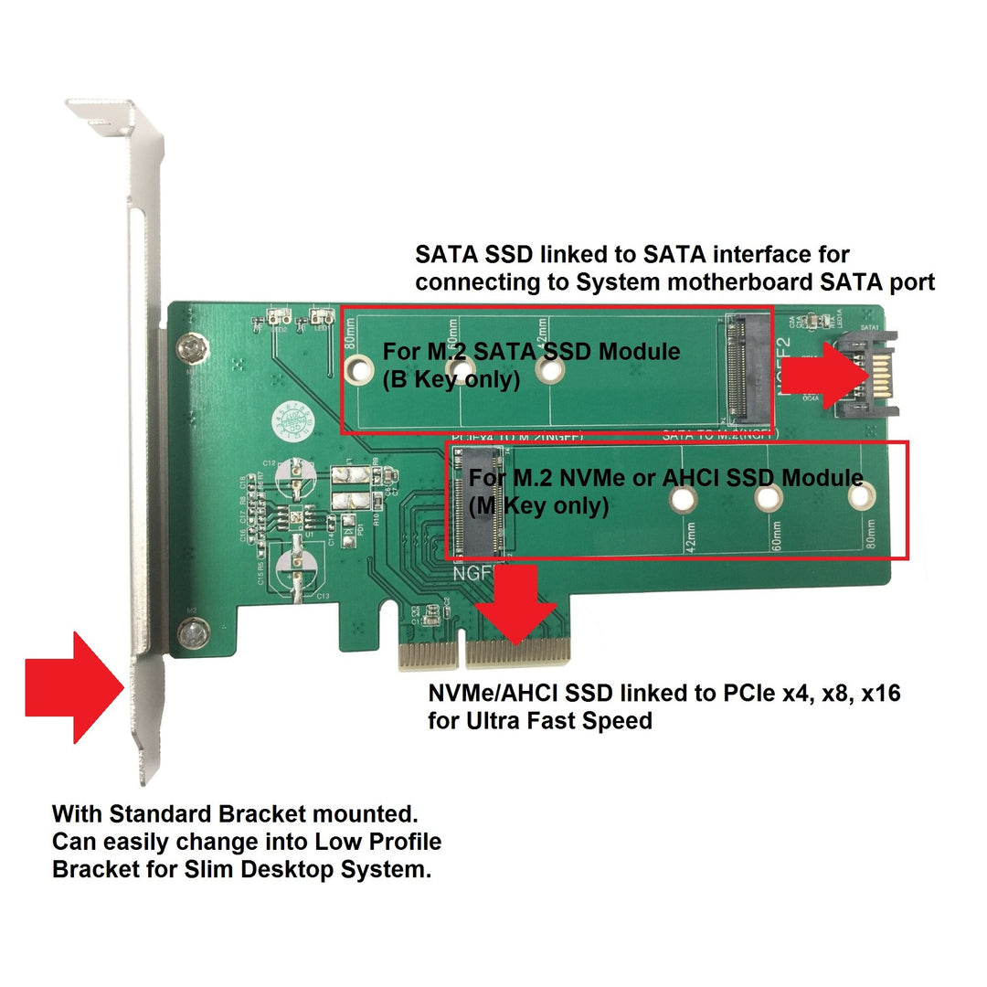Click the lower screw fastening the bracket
click(x=191, y=631)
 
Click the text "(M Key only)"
click(x=538, y=505)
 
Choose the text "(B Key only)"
click(x=451, y=379)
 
